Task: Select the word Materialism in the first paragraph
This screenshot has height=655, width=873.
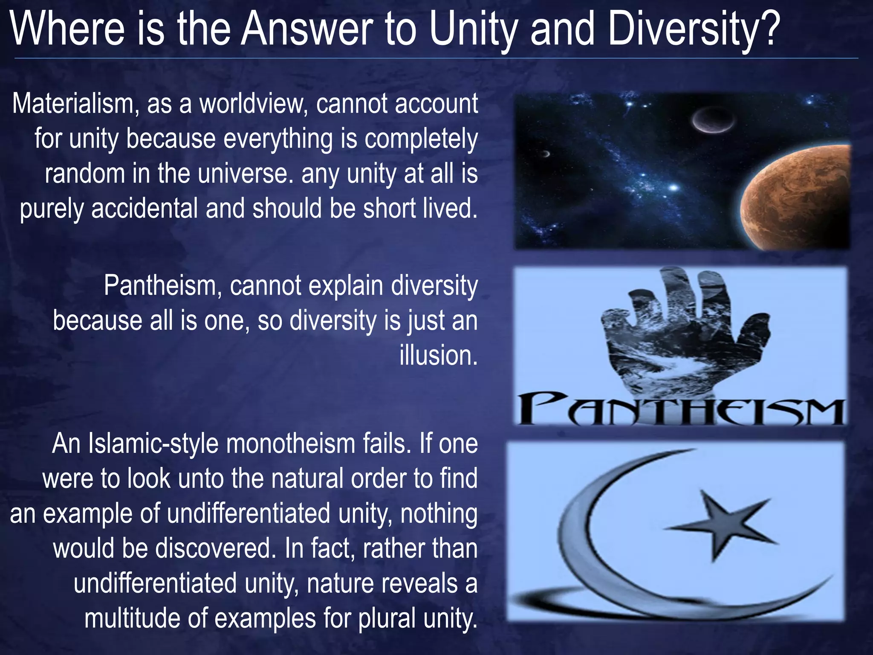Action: click(73, 104)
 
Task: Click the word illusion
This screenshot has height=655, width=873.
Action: click(438, 355)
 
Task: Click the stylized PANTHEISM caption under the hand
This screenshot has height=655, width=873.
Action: click(681, 410)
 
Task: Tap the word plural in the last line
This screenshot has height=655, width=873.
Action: click(386, 618)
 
